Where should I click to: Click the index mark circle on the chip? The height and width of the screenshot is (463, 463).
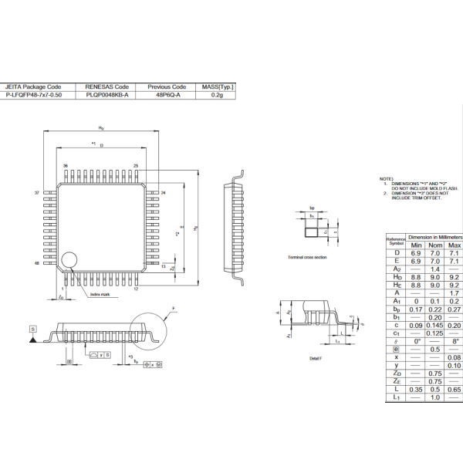pos(70,259)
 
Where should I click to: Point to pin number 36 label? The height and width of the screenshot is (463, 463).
pos(66,166)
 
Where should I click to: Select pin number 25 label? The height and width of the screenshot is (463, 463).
pos(136,166)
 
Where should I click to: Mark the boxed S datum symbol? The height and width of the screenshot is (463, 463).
pos(33,328)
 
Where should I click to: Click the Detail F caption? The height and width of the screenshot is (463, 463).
pos(315,359)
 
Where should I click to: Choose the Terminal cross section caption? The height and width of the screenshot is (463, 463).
pos(307,256)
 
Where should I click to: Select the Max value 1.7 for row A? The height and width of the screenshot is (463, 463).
pos(454,293)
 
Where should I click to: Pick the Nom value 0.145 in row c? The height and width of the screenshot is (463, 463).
pos(434,325)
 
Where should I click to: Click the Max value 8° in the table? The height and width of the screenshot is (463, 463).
pos(454,340)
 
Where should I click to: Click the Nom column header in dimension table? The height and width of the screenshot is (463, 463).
pos(434,245)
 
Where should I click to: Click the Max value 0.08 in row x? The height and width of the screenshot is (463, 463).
pos(454,357)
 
